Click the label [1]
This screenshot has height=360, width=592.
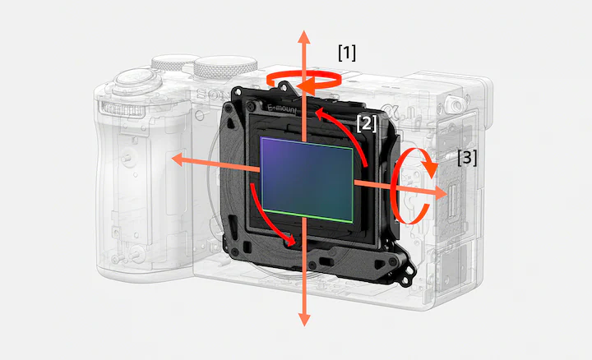coord(347,53)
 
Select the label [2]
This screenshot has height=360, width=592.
coord(367,123)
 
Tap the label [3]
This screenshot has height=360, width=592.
coord(467,157)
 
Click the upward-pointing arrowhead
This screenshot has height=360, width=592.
coord(304,38)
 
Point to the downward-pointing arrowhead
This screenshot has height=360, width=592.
coord(304,319)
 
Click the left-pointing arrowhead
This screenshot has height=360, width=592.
coord(179,159)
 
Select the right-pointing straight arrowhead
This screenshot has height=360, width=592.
coord(440,193)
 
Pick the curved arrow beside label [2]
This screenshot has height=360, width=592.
coord(350,129)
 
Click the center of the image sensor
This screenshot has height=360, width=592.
coord(307,180)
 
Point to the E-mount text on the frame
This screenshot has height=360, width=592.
coord(282,109)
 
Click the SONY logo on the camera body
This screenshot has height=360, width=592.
coord(208,95)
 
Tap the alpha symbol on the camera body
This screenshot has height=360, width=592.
coord(388,111)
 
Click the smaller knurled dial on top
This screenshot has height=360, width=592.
coord(174,62)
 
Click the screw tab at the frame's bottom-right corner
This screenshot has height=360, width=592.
coord(409,271)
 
